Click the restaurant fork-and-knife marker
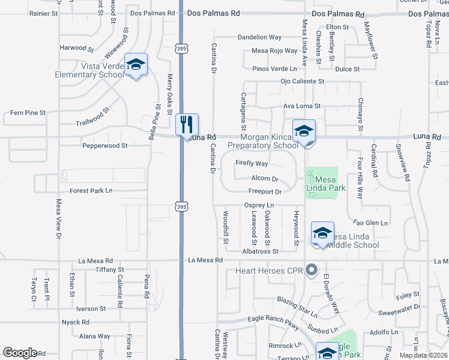click(187, 124)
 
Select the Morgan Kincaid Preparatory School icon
click(304, 131)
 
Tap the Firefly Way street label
click(252, 163)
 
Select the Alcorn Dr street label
click(265, 179)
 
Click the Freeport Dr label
click(265, 192)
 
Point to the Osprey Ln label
click(259, 205)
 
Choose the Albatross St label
click(260, 251)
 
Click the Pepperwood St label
click(104, 145)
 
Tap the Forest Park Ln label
click(91, 191)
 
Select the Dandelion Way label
click(259, 37)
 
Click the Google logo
click(20, 353)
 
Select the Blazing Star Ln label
click(297, 305)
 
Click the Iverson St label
click(91, 308)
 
